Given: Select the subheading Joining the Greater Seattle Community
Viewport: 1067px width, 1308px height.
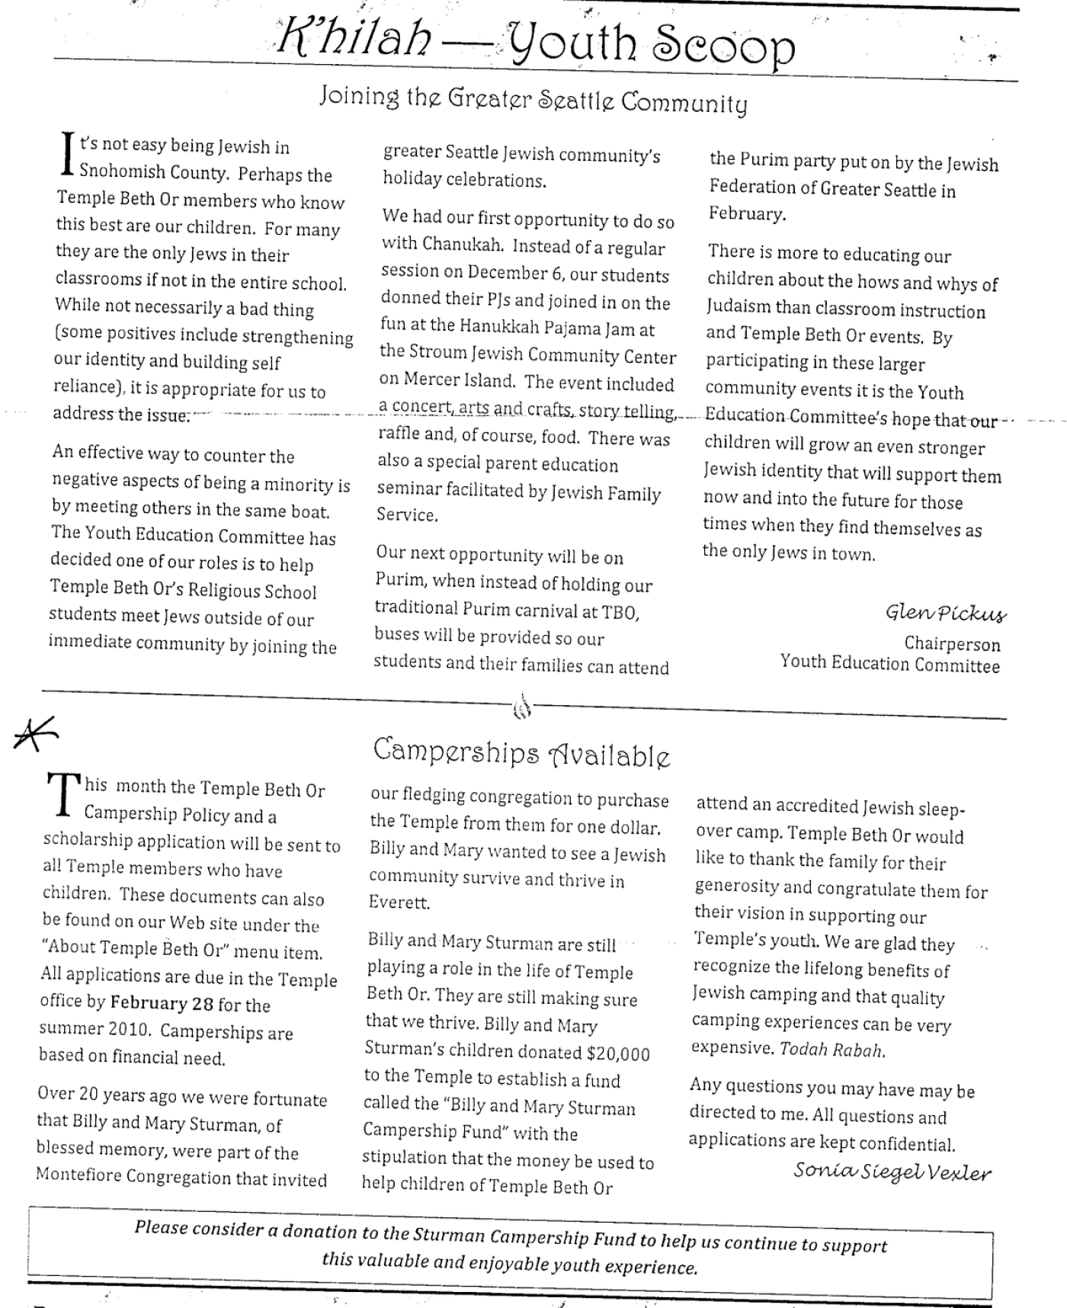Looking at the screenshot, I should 533,101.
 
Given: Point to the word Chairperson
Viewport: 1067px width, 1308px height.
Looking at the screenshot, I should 952,643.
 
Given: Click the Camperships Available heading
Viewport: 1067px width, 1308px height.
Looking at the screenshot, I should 522,753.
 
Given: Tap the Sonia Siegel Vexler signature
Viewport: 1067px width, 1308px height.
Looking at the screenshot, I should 892,1172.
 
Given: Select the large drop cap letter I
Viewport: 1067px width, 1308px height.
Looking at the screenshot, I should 68,155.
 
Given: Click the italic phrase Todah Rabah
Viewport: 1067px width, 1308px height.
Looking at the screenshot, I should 831,1050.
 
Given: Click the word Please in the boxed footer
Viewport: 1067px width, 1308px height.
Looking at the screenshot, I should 161,1226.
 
